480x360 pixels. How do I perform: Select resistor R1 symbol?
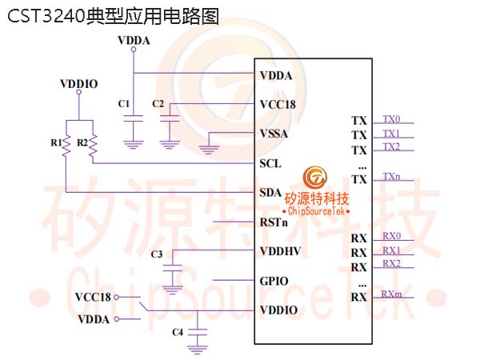coord(66,144)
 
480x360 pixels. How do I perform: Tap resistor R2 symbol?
coord(93,144)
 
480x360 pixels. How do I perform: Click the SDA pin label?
coord(270,193)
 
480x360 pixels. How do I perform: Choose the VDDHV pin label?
coord(278,251)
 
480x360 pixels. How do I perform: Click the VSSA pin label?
coord(274,134)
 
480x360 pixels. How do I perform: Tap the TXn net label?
coord(391,176)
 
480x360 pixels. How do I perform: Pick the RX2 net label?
coord(391,263)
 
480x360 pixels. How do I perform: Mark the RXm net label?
coord(391,294)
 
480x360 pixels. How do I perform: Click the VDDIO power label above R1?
coord(79,82)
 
